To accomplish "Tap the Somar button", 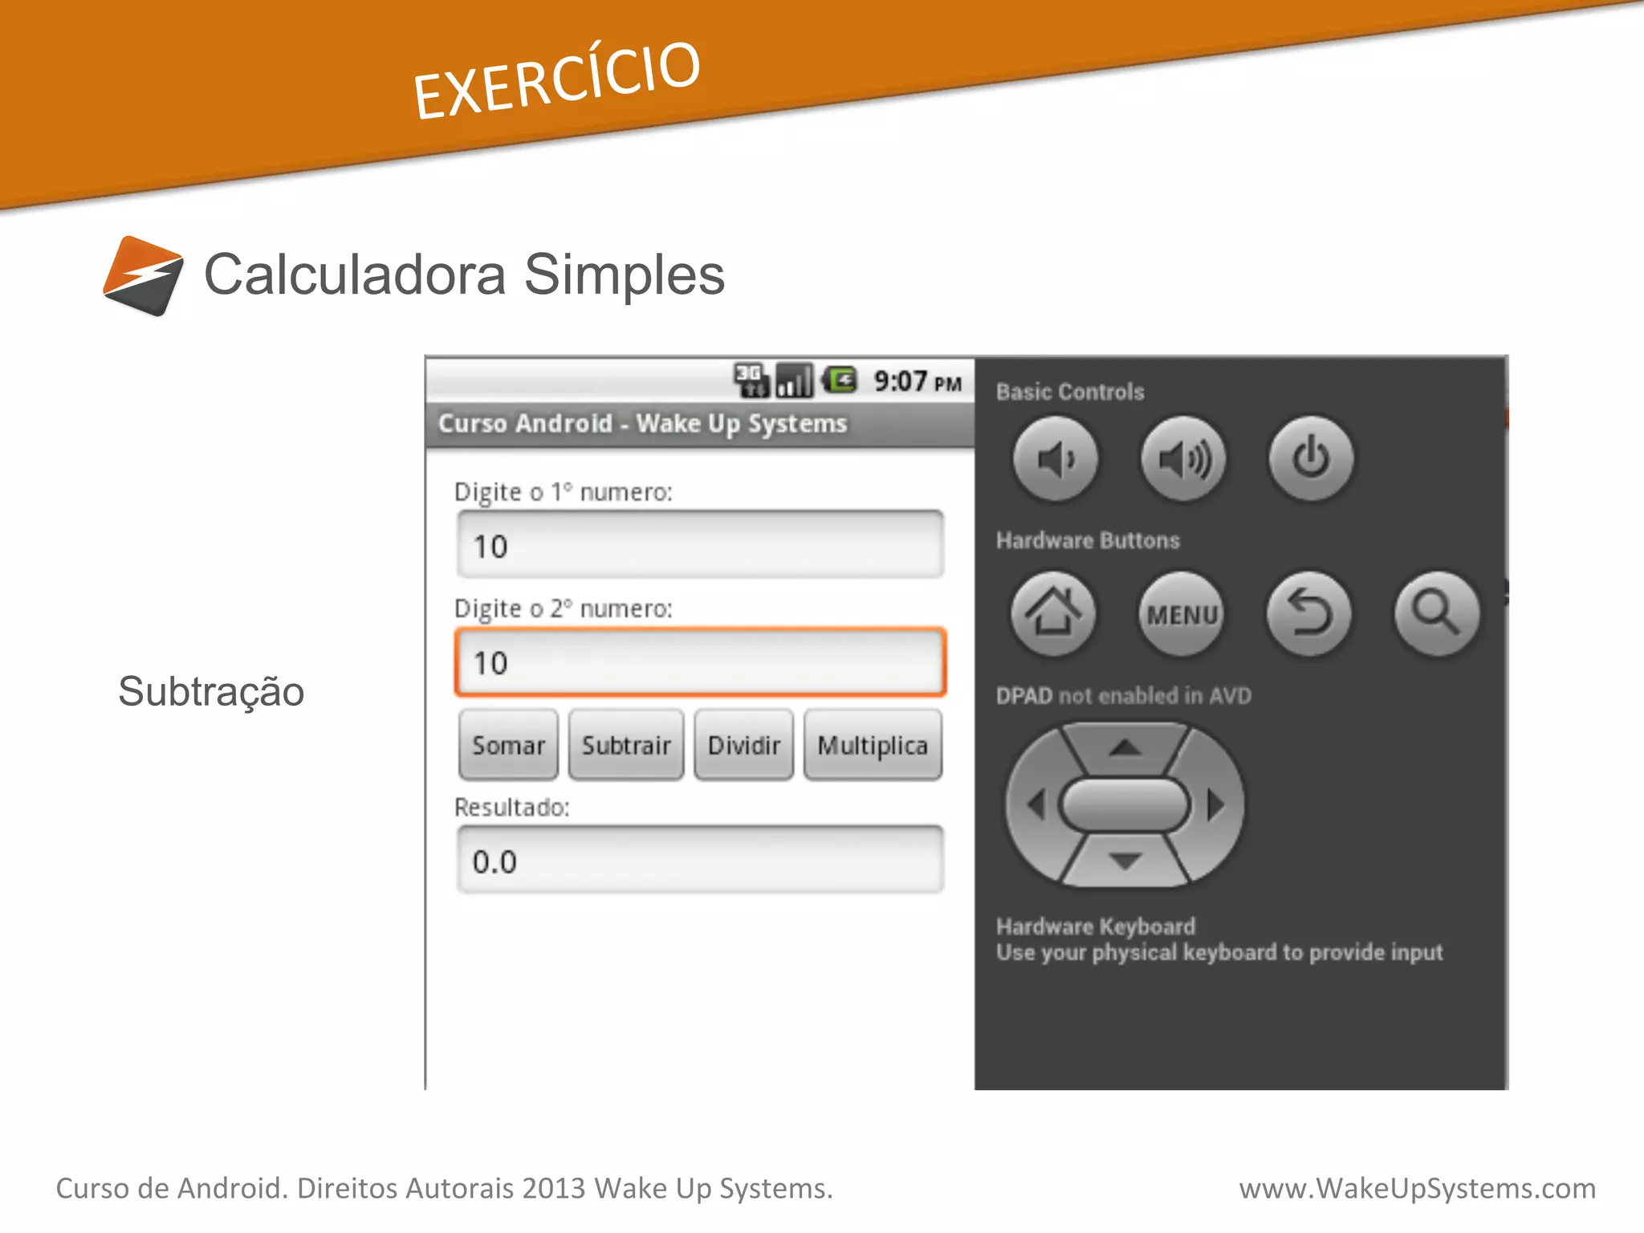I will point(508,745).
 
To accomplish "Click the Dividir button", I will point(743,745).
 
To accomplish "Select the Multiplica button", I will point(873,745).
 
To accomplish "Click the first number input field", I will point(700,545).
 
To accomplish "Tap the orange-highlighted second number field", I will point(700,662).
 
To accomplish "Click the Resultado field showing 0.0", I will point(700,861).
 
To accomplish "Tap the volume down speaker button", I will point(1055,459).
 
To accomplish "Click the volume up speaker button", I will point(1183,459).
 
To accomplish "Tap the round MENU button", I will point(1182,614).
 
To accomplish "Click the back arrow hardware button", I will point(1309,614).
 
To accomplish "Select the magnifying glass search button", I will point(1436,614).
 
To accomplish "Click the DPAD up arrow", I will point(1125,748).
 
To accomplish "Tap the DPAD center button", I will point(1125,804).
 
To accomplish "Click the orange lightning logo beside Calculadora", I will point(144,275).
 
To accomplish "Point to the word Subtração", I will point(211,691).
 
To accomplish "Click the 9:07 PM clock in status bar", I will point(917,381).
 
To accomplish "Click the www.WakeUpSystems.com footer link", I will point(1417,1188).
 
